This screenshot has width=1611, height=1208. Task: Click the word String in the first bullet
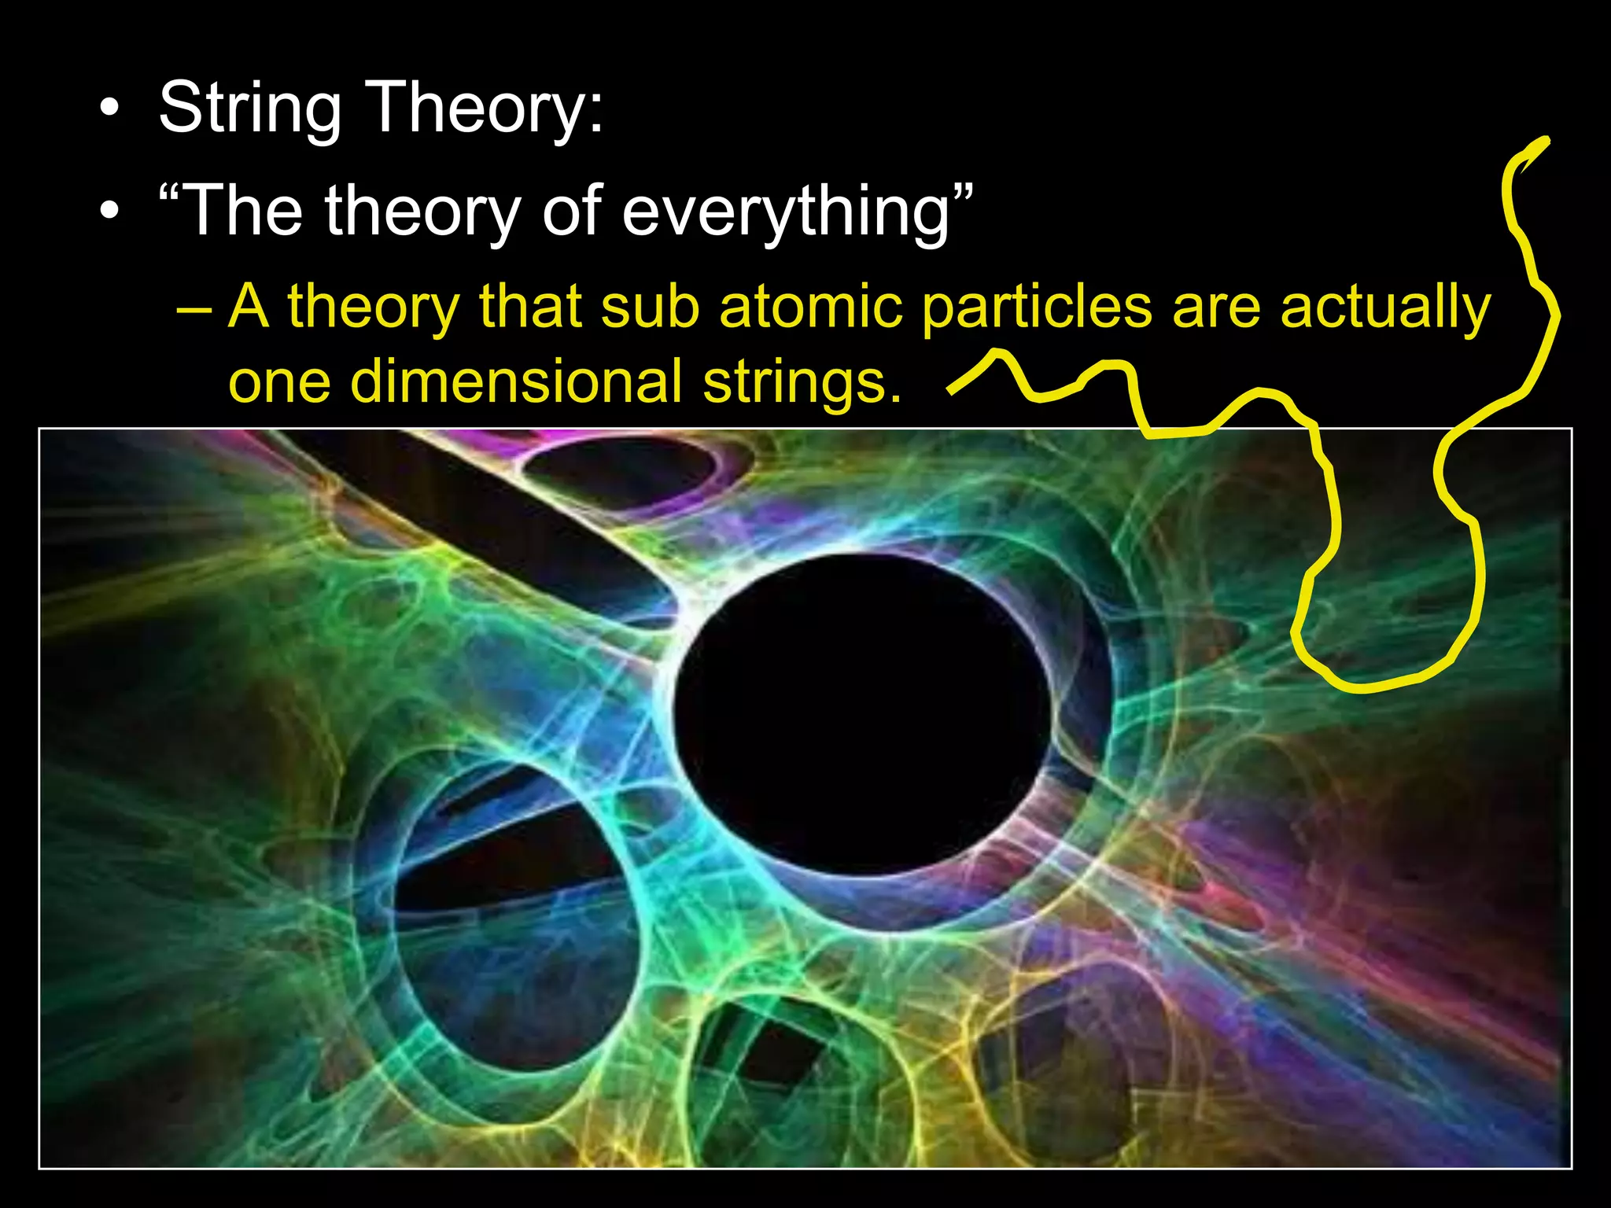[249, 108]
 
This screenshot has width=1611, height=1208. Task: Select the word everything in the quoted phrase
[786, 210]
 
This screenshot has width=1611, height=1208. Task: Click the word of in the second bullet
[572, 210]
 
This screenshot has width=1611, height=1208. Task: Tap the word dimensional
[516, 381]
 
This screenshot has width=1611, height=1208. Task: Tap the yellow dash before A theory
[194, 309]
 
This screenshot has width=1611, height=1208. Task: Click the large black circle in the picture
[861, 712]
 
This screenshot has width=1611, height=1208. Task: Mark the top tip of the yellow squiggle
[1546, 141]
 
